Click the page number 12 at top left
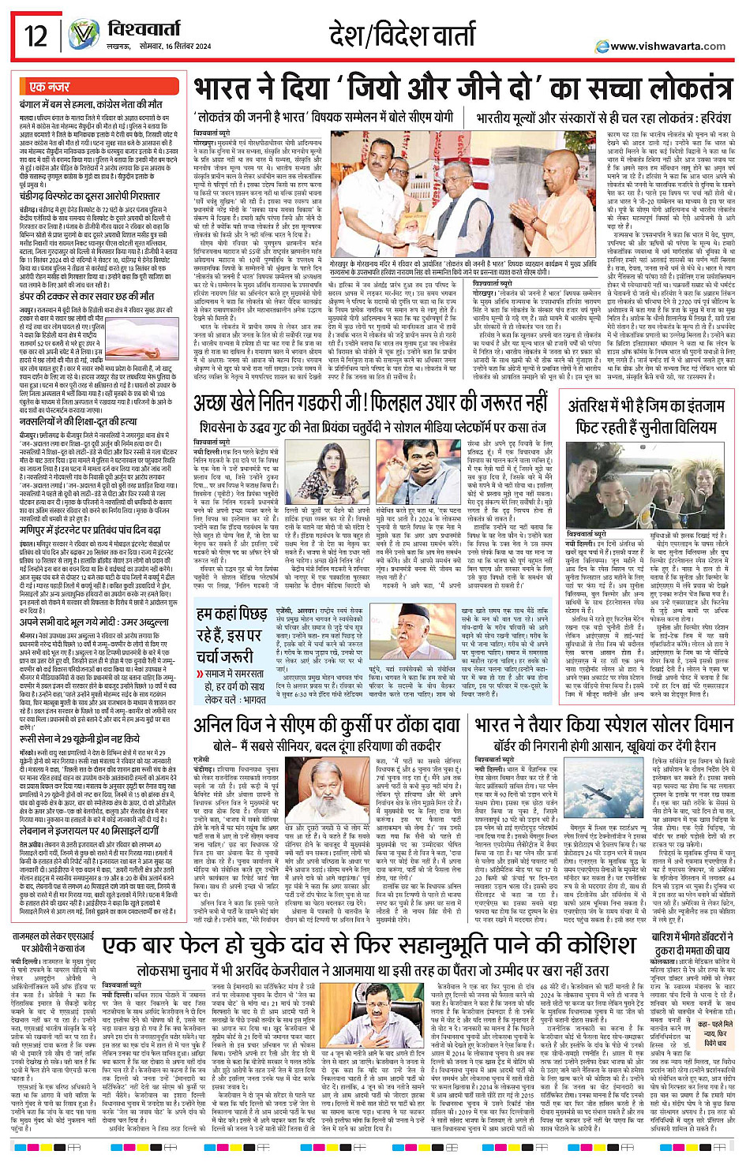coord(36,36)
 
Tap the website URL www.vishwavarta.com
coord(667,46)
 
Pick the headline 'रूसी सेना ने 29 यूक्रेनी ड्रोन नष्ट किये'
coord(80,739)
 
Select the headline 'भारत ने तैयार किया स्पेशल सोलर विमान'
coord(604,724)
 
